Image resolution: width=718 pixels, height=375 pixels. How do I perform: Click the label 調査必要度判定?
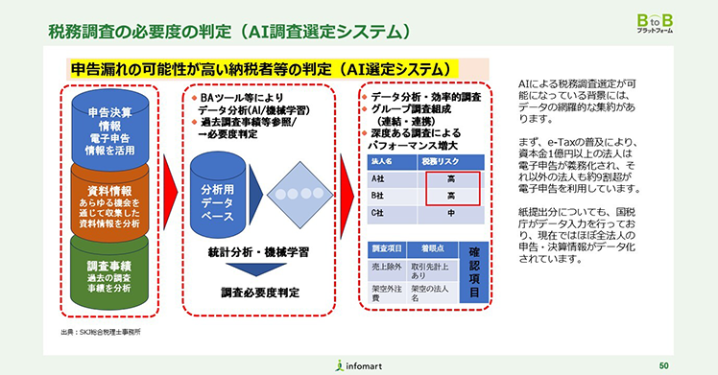[x=260, y=292]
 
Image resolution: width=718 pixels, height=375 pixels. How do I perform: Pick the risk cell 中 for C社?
[x=450, y=213]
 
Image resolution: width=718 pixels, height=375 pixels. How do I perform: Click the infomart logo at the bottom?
[x=358, y=364]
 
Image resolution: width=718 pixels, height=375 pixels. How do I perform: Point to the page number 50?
[x=664, y=364]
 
